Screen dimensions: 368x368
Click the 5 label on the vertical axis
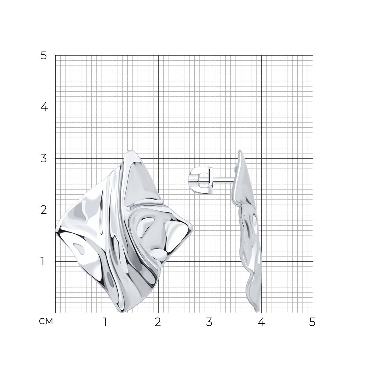pyautogui.click(x=44, y=56)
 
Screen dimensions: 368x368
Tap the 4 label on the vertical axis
pyautogui.click(x=44, y=107)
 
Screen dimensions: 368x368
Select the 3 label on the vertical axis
pyautogui.click(x=44, y=158)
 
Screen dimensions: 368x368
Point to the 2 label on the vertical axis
pyautogui.click(x=44, y=210)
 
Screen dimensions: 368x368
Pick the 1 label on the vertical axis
pyautogui.click(x=42, y=261)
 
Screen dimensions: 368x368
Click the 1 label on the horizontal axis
pyautogui.click(x=105, y=322)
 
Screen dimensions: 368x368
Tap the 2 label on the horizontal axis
pyautogui.click(x=158, y=322)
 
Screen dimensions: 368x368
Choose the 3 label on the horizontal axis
pyautogui.click(x=209, y=322)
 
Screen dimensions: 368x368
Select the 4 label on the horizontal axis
pyautogui.click(x=261, y=322)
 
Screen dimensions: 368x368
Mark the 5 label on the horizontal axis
pyautogui.click(x=312, y=322)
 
